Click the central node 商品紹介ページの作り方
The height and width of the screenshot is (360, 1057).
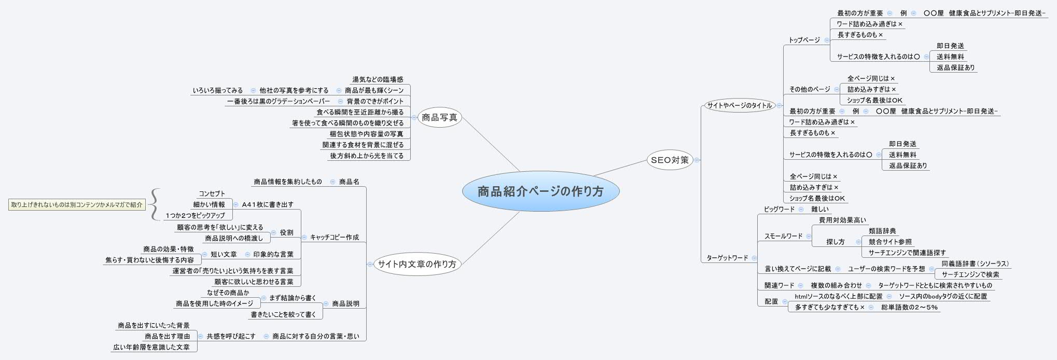click(540, 191)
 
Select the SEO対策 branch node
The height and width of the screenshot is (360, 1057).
click(670, 160)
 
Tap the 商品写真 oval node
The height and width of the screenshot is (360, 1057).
click(439, 118)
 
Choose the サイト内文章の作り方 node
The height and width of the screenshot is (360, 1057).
click(417, 264)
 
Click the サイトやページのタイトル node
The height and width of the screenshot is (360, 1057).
click(739, 106)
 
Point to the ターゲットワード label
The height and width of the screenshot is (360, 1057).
click(727, 258)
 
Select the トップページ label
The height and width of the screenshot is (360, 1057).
click(804, 40)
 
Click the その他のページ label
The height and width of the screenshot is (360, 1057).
click(810, 89)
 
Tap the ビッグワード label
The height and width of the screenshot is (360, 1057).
click(779, 209)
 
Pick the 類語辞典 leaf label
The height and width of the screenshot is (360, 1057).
click(882, 231)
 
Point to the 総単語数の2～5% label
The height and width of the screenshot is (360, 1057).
click(909, 307)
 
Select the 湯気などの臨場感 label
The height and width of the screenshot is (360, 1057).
click(378, 79)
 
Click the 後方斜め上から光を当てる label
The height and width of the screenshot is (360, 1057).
click(366, 156)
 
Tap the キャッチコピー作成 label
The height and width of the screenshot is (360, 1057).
click(334, 238)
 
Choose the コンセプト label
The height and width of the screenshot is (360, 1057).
click(212, 193)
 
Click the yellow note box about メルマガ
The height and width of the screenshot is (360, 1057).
click(77, 205)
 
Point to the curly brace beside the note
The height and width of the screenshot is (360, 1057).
click(155, 204)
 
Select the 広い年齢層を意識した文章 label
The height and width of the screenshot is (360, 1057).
click(151, 347)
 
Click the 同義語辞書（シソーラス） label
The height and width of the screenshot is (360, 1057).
click(975, 264)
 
